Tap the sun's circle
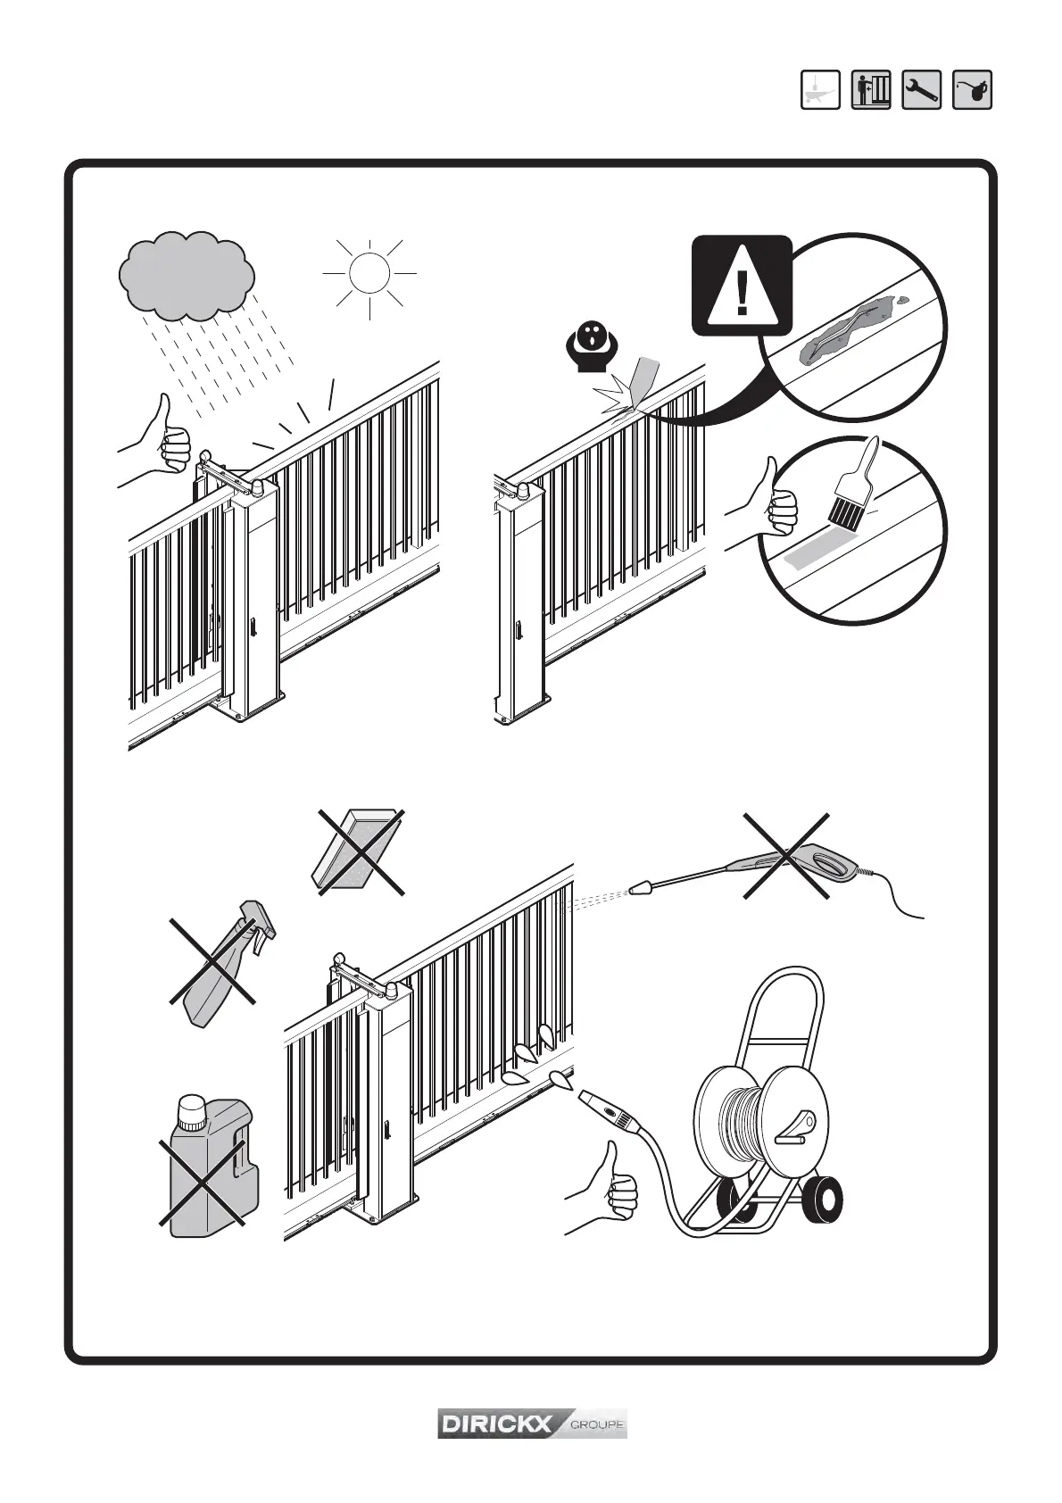[x=369, y=273]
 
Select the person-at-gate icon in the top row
[x=871, y=90]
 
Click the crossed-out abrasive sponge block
[x=355, y=851]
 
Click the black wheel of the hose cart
[x=818, y=1201]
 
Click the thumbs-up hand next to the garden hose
[x=607, y=1187]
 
